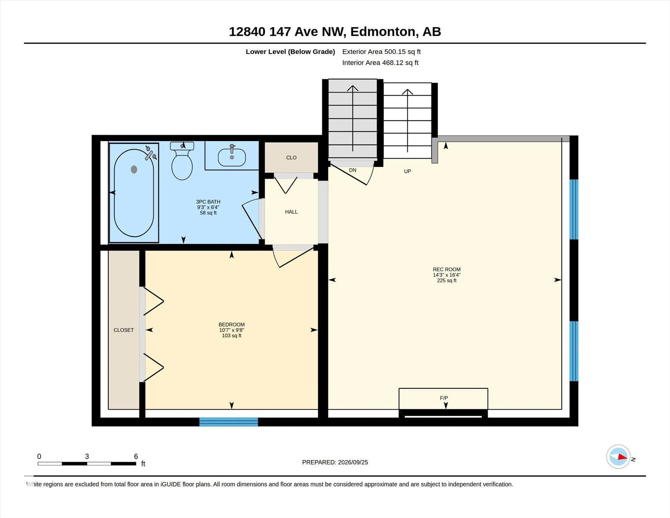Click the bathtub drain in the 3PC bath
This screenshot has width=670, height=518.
pos(134,169)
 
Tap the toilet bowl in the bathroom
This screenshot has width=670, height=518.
pos(182,167)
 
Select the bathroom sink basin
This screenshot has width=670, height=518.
pos(231,158)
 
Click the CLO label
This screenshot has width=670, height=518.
pos(291,158)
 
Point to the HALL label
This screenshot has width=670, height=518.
pos(291,212)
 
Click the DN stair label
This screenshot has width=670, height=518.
pos(352,170)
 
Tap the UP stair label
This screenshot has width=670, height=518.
pos(407,171)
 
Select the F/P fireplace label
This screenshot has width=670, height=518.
pos(444,398)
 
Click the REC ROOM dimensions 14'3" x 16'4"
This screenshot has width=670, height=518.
pos(447,275)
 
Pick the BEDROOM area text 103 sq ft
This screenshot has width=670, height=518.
pos(231,336)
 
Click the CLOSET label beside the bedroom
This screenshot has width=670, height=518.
pos(124,330)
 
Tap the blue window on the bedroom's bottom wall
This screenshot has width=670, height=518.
pos(228,422)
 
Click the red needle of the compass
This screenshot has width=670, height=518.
pos(622,457)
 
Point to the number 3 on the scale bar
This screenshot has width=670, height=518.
pos(87,456)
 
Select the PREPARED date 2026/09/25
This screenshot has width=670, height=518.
pos(353,462)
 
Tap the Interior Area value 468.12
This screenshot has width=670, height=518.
pos(393,63)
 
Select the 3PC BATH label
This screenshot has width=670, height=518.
pos(208,202)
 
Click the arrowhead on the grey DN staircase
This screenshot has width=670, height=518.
pos(352,88)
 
